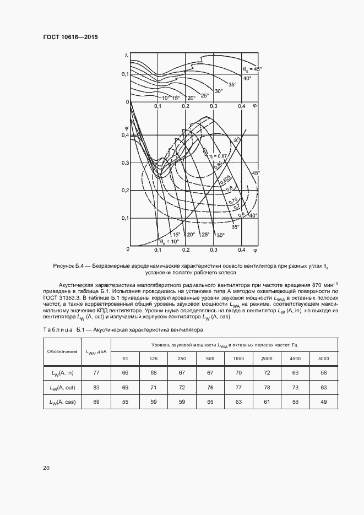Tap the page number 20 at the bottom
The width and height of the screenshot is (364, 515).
click(46, 468)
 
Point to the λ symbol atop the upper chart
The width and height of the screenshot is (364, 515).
click(126, 55)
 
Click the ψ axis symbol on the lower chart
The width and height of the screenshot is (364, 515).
click(126, 127)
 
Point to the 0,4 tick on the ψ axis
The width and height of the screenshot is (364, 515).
click(124, 135)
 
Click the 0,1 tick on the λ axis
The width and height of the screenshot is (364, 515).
click(124, 74)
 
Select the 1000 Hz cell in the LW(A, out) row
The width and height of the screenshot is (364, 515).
click(238, 388)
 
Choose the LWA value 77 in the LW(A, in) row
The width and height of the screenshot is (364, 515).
click(96, 373)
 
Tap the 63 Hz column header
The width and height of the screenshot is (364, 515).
click(125, 359)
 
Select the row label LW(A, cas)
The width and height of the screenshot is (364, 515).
click(62, 403)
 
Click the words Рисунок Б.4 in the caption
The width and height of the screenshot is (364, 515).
click(67, 266)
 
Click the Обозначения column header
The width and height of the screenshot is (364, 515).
click(62, 351)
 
